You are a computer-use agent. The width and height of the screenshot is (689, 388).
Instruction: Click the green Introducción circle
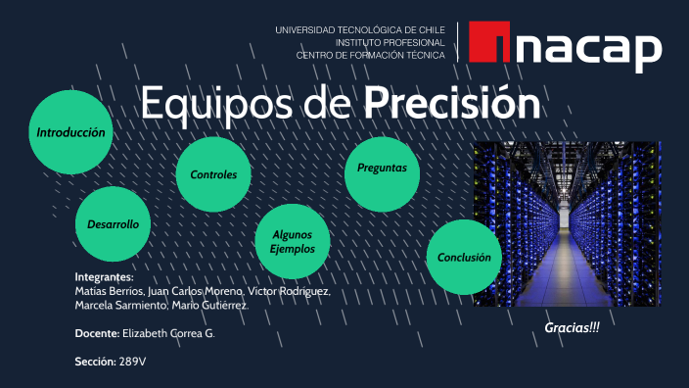[x=70, y=131]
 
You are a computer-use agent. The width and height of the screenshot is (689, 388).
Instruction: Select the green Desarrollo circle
[x=113, y=224]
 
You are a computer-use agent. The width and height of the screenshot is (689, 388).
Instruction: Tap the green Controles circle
[x=213, y=174]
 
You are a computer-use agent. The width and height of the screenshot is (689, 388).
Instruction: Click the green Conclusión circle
[x=464, y=257]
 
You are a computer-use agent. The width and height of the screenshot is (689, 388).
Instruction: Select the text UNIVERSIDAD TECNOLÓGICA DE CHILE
[x=359, y=30]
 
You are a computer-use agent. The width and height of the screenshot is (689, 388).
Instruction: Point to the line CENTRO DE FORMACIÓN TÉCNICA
[x=370, y=56]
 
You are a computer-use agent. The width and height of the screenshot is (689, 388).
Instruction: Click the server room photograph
[x=567, y=223]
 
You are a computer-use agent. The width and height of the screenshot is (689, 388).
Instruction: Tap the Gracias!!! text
[x=572, y=326]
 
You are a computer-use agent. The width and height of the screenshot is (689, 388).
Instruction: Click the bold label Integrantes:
[x=104, y=278]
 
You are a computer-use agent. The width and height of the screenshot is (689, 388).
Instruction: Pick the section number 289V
[x=132, y=362]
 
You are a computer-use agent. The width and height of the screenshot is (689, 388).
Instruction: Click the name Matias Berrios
[x=108, y=292]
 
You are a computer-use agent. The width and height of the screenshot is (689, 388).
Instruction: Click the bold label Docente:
[x=96, y=334]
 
